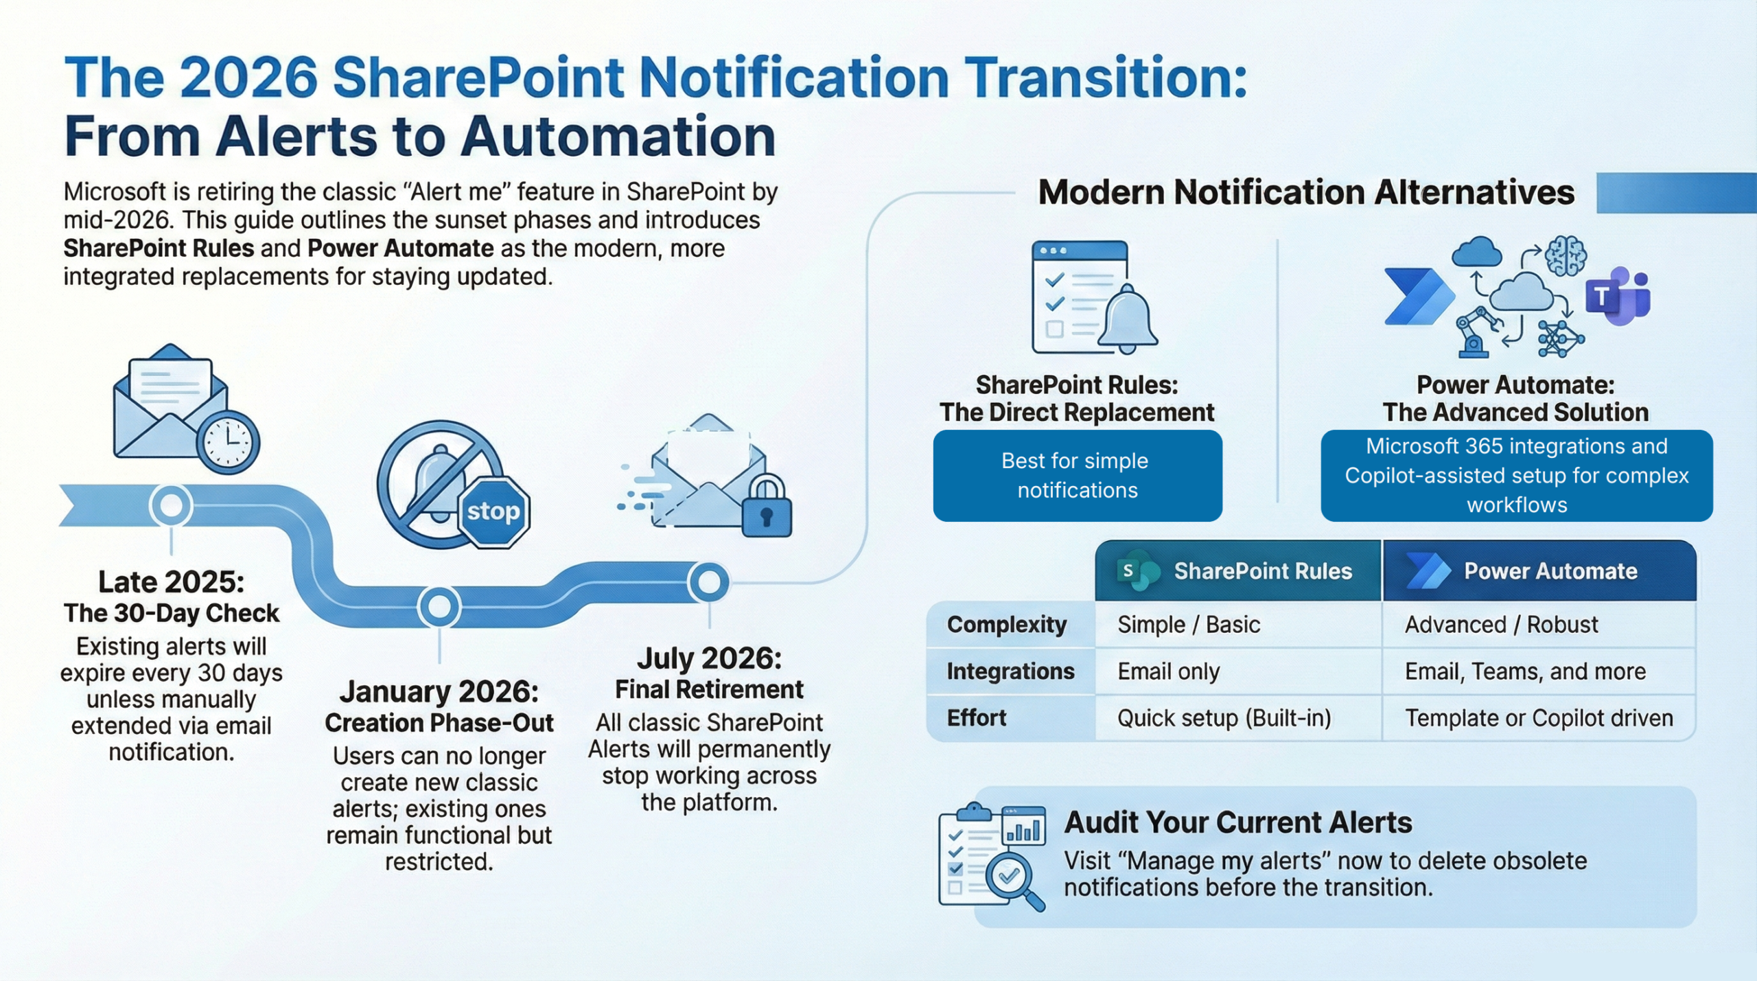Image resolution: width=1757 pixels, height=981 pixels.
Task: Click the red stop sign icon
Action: (x=493, y=511)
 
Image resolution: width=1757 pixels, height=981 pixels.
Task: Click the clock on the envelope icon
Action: (x=228, y=441)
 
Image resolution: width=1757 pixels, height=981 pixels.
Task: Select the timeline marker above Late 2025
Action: (x=171, y=506)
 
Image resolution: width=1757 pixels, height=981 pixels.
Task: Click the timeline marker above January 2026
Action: (x=439, y=607)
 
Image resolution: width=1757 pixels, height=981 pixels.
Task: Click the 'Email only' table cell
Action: (x=1168, y=671)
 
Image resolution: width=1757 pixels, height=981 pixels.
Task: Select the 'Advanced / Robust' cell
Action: (x=1501, y=625)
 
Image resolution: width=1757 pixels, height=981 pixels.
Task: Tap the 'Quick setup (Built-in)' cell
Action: (x=1224, y=718)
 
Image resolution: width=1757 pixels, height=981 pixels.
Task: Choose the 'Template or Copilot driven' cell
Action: (x=1539, y=718)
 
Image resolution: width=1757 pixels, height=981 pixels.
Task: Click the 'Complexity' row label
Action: (x=1006, y=625)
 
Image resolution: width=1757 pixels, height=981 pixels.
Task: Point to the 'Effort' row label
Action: (x=976, y=718)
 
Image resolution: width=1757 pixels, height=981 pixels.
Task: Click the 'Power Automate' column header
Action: (x=1537, y=571)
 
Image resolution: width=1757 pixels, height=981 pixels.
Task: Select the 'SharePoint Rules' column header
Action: (x=1237, y=571)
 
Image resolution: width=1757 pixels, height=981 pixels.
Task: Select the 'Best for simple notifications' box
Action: (x=1077, y=476)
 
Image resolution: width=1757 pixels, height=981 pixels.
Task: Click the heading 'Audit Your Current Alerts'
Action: (x=1237, y=822)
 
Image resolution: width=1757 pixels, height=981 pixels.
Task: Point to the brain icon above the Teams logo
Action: (x=1565, y=256)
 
